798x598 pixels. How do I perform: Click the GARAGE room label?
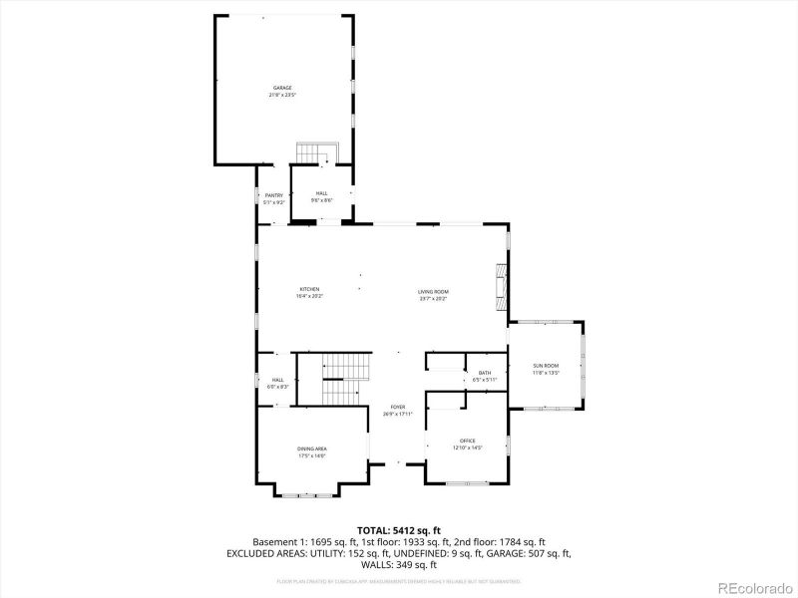(x=283, y=88)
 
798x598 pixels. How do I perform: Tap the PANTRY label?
(x=273, y=195)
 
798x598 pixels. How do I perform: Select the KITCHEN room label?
(x=308, y=289)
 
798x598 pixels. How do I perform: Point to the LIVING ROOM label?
(x=433, y=291)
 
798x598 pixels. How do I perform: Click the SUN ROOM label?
(x=546, y=366)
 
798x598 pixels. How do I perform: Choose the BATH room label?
(x=484, y=373)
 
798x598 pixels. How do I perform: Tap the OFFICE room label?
(x=467, y=441)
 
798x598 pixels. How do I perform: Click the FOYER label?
(x=397, y=407)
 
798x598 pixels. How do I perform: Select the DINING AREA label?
(x=311, y=448)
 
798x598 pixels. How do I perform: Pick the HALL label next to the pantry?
(x=321, y=193)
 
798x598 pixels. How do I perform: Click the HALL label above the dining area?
(x=278, y=380)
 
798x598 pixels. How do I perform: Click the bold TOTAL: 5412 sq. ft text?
(x=399, y=529)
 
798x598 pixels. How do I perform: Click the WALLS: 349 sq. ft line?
(x=399, y=564)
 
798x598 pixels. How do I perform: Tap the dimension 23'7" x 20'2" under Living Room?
(x=433, y=298)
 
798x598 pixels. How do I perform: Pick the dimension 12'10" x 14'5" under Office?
(x=467, y=448)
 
